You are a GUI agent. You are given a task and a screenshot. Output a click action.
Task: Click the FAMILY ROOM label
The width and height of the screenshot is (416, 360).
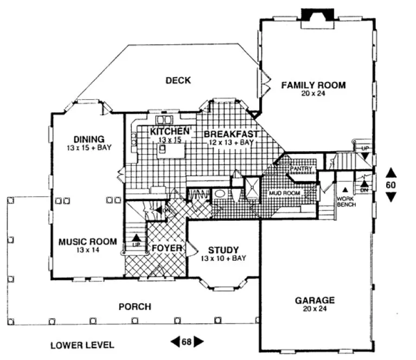[313, 85]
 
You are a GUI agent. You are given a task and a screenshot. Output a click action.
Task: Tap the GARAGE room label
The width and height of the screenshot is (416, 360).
[315, 300]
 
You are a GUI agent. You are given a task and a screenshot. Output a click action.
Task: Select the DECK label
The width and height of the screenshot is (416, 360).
[178, 81]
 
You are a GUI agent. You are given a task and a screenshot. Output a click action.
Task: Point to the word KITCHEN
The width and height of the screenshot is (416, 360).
[170, 132]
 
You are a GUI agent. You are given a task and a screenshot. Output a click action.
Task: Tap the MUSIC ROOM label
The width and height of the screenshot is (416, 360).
[87, 242]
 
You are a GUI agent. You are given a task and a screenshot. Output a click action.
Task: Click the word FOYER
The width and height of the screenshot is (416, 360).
[166, 248]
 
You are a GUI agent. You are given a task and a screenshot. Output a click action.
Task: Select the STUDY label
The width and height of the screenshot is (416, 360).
[223, 250]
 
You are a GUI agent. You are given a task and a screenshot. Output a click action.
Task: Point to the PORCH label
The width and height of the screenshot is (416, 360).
[135, 307]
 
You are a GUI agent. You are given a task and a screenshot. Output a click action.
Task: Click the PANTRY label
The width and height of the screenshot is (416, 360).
[302, 169]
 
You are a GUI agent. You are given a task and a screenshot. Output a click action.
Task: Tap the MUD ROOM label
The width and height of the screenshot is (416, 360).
[284, 192]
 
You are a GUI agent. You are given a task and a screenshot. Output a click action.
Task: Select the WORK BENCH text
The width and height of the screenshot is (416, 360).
[345, 201]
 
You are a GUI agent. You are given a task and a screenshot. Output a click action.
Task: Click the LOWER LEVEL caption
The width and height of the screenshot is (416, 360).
[82, 345]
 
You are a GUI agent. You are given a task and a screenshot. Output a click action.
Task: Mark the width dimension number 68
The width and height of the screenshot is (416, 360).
[187, 342]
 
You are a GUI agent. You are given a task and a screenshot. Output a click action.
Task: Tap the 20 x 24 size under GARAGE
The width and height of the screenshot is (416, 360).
[315, 310]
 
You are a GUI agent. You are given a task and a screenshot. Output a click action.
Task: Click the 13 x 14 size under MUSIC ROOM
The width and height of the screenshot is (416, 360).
[87, 250]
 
